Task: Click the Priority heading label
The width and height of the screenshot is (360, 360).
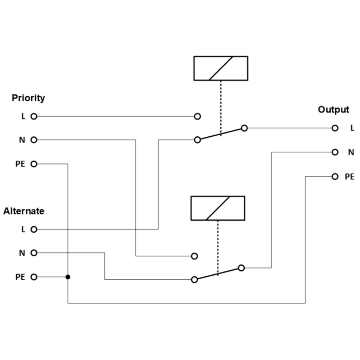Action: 28,98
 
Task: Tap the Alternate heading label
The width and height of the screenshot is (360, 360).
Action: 24,211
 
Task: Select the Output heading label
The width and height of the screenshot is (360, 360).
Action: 333,109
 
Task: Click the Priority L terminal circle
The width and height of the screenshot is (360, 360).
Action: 34,116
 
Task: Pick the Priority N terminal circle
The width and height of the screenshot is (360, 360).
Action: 34,140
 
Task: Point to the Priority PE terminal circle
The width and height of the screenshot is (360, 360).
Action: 34,164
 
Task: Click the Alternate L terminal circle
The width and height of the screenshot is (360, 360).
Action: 34,230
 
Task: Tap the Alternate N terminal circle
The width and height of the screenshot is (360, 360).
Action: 34,253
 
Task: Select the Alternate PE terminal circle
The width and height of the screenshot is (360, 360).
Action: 34,277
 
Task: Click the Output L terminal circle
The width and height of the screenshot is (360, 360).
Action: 335,128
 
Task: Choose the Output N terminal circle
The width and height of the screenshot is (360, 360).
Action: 335,152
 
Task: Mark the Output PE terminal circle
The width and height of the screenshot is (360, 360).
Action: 335,176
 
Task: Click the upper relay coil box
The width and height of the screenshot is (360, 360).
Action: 221,68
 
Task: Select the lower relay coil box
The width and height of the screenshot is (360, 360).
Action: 218,208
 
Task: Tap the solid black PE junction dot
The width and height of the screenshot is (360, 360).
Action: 68,277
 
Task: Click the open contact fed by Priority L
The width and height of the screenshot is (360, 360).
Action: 198,116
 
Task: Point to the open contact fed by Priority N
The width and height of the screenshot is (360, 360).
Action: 194,256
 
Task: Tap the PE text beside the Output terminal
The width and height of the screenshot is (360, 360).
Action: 349,176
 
